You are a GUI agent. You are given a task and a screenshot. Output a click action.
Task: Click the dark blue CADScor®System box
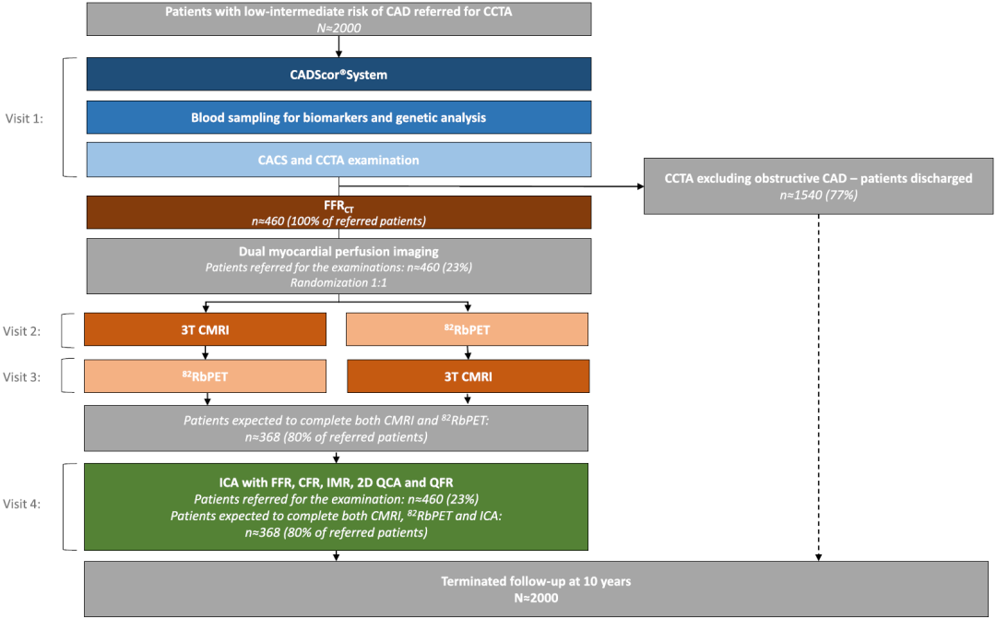(338, 75)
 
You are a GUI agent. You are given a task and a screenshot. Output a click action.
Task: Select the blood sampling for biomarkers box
(338, 117)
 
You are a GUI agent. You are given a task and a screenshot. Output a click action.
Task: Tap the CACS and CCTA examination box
(338, 160)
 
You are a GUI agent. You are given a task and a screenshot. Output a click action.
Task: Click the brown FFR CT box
(338, 212)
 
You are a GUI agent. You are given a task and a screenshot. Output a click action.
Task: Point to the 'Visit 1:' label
(24, 118)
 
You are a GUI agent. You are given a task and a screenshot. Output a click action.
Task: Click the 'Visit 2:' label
(21, 331)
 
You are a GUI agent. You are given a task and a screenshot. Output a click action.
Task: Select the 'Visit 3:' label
(21, 377)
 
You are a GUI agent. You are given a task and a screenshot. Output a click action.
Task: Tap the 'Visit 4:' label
(21, 504)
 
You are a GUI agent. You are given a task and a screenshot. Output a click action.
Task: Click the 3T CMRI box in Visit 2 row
(205, 329)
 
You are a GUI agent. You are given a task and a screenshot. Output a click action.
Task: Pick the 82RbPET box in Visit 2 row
(467, 329)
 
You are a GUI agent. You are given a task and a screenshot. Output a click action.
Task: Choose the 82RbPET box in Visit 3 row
(205, 376)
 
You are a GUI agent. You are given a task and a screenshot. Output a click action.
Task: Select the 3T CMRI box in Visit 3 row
(468, 376)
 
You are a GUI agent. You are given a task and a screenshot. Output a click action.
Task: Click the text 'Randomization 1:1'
(338, 283)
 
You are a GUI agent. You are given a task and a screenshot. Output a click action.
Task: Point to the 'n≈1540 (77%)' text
(818, 195)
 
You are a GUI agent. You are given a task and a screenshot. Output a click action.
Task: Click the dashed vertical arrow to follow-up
(818, 387)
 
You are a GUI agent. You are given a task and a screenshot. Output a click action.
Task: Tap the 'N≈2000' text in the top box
(338, 28)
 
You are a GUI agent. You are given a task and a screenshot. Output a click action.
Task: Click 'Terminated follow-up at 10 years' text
(536, 581)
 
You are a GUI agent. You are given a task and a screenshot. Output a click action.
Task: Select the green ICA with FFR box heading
(336, 482)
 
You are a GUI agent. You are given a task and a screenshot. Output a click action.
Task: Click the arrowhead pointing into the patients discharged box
(640, 186)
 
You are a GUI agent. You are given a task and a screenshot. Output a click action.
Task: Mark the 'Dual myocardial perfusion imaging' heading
(338, 252)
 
